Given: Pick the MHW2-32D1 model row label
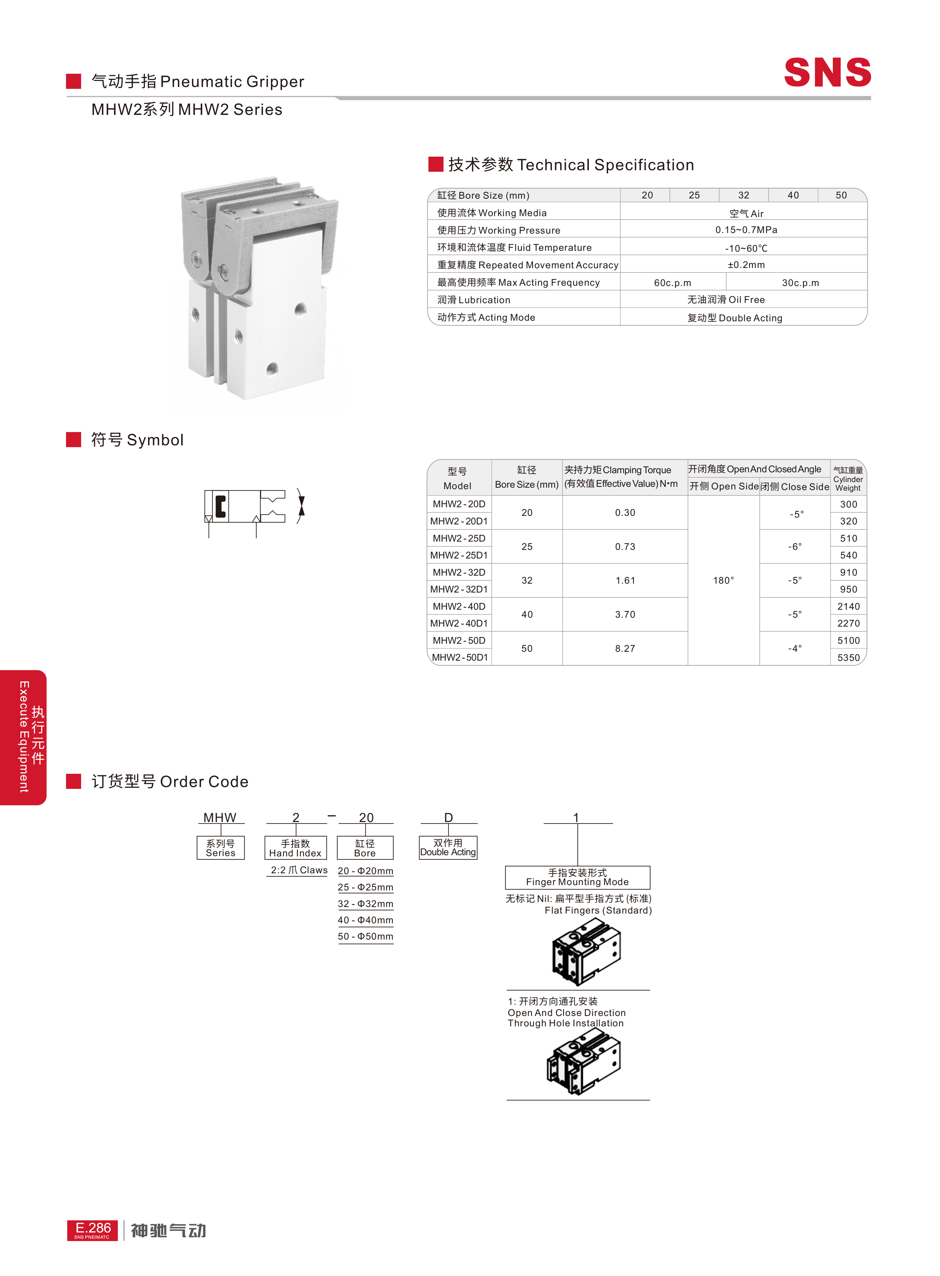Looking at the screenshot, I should [459, 589].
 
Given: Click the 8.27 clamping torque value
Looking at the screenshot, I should [625, 648].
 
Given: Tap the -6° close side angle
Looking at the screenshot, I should [794, 546].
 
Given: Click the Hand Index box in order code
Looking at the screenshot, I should [295, 848].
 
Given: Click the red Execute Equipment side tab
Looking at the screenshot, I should [23, 737].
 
